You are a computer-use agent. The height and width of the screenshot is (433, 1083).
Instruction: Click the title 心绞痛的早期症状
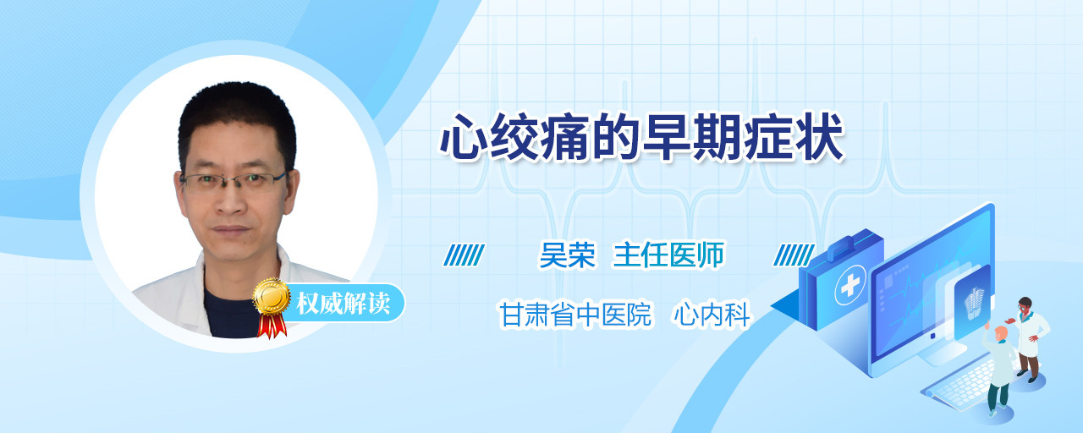[641, 137]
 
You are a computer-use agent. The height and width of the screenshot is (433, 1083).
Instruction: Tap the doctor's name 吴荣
[567, 255]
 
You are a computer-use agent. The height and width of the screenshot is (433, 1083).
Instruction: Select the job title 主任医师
[668, 255]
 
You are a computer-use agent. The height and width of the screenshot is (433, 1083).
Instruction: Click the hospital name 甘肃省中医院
[575, 315]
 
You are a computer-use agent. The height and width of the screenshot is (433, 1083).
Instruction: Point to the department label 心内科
[712, 315]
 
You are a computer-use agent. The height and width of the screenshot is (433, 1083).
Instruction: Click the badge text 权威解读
[344, 303]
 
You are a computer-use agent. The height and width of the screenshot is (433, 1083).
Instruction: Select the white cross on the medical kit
[850, 285]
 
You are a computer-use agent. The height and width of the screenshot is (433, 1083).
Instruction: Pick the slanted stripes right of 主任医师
[794, 255]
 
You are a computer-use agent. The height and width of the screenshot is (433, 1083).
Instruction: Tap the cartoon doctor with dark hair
[1030, 338]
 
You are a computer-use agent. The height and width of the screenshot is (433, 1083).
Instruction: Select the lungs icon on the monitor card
[974, 303]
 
